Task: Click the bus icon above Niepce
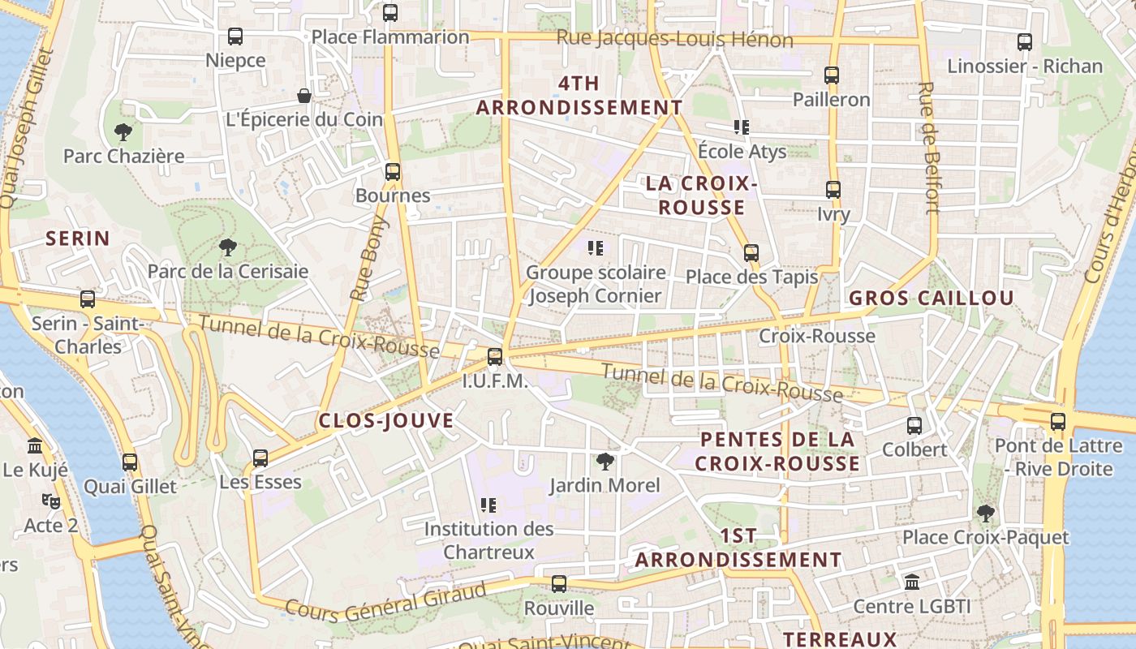[x=235, y=37]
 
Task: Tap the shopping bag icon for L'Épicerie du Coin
[x=304, y=96]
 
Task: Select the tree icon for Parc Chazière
[x=123, y=131]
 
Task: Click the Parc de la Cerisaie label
[x=228, y=271]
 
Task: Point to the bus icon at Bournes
[x=393, y=172]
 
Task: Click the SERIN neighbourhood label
[x=78, y=239]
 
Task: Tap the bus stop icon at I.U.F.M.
[x=495, y=357]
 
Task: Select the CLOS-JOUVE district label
[x=386, y=420]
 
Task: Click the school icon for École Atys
[x=741, y=127]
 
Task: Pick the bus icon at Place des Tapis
[x=751, y=253]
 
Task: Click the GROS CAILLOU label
[x=932, y=298]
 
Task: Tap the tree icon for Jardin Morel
[x=605, y=462]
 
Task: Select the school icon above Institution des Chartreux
[x=488, y=505]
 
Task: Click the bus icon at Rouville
[x=559, y=584]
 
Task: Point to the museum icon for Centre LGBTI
[x=912, y=582]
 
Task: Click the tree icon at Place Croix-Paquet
[x=986, y=513]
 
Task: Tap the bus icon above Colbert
[x=914, y=425]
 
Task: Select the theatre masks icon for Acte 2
[x=51, y=501]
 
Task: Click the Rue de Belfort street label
[x=930, y=148]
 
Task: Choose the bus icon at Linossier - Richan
[x=1025, y=42]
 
